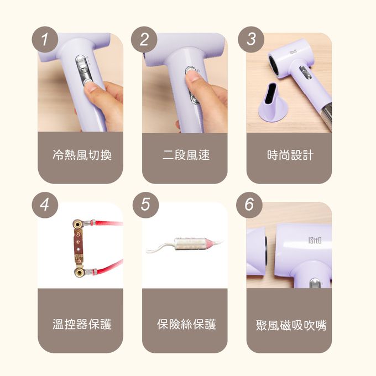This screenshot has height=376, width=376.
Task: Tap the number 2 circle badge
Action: (144, 39)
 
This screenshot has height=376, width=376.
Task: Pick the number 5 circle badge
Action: (145, 204)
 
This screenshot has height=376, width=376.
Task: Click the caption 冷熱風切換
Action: (82, 155)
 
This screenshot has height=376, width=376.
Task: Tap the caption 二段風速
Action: (186, 155)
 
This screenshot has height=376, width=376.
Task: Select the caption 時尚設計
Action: (289, 155)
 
